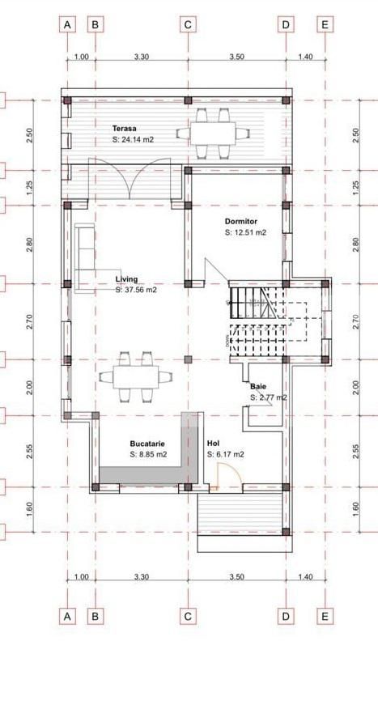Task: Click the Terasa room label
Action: point(124,128)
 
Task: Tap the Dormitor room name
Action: point(241,220)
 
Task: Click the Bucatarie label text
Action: point(148,444)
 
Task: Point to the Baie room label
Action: point(258,387)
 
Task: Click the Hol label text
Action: point(213,444)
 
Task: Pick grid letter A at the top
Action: point(68,24)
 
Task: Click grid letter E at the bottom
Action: point(325,616)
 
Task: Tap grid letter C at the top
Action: point(188,24)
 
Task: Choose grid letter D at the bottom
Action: point(286,616)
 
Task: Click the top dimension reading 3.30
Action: point(141,57)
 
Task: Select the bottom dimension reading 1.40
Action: point(305,577)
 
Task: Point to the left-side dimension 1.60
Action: point(30,508)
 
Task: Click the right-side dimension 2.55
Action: point(355,451)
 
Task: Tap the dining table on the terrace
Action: point(212,133)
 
